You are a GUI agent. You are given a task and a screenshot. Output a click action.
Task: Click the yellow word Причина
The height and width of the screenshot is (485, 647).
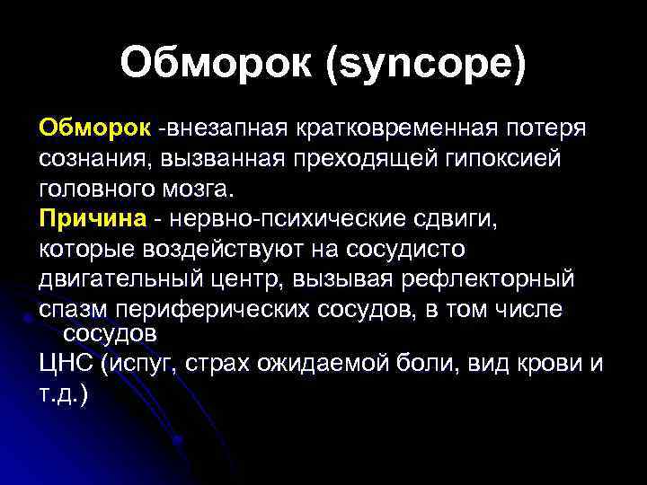pos(91,219)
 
